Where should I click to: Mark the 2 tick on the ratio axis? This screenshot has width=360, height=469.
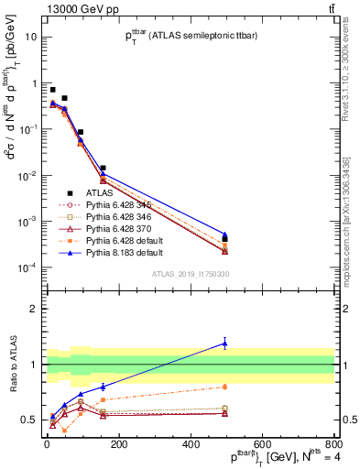click(x=33, y=309)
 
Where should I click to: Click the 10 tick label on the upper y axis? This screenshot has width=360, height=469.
click(x=29, y=38)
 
